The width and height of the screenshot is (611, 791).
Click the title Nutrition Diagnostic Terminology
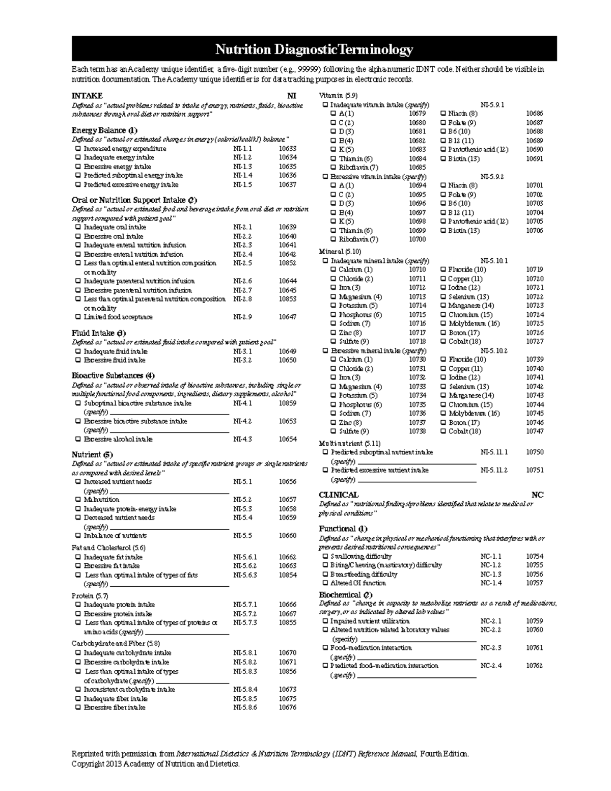[314, 49]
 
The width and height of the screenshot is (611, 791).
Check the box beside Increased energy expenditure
[78, 149]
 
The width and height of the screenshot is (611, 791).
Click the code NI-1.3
[242, 167]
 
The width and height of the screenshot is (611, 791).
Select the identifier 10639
[287, 227]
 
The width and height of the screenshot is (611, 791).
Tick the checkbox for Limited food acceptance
[78, 317]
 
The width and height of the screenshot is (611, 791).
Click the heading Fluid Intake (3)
[98, 333]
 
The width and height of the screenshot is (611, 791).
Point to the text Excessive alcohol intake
[118, 439]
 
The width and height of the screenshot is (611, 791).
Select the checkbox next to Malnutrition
[78, 500]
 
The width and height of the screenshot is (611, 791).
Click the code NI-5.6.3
[245, 575]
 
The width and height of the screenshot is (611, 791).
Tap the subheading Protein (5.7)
[90, 595]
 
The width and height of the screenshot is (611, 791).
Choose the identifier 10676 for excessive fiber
[287, 707]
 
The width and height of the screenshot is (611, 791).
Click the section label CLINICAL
[339, 495]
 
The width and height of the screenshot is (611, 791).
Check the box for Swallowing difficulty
[325, 556]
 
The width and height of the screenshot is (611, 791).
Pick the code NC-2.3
[491, 648]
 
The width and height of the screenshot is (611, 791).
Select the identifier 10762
[534, 666]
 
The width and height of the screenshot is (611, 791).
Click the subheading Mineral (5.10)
[340, 252]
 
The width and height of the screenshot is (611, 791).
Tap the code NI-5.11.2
[494, 470]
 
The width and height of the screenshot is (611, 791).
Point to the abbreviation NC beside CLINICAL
[537, 495]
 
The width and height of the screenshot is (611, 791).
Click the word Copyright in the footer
[88, 764]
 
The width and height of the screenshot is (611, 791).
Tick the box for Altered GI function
[325, 583]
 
